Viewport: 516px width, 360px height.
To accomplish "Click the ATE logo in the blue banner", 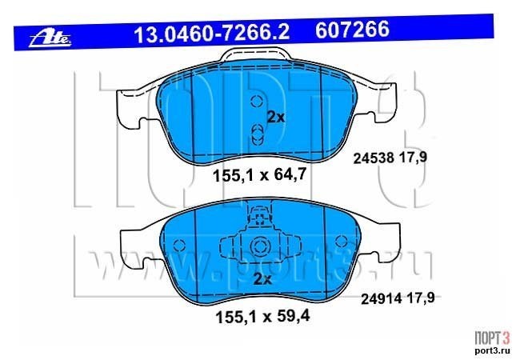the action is [50, 39].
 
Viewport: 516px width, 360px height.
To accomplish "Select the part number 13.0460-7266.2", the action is [211, 34].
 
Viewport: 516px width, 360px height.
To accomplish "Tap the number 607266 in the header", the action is [352, 29].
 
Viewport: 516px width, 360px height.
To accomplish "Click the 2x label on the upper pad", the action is [276, 117].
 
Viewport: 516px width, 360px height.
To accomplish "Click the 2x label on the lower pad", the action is [262, 279].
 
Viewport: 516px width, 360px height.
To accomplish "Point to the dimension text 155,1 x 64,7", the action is [260, 174].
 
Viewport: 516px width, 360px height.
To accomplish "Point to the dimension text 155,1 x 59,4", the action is [262, 317].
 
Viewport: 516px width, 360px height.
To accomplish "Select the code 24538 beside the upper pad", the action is [374, 158].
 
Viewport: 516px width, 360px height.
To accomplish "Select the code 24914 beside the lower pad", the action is [382, 299].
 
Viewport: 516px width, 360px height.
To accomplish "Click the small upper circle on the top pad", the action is [256, 101].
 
